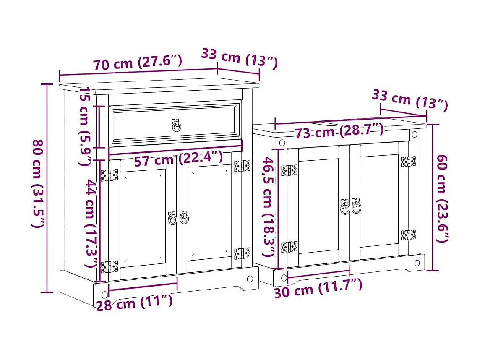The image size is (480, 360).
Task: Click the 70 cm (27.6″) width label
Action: coord(138,63)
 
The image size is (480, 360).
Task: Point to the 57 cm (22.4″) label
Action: coord(178,159)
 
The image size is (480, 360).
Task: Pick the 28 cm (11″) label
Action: coord(134,303)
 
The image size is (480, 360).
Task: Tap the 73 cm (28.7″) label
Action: coord(339,132)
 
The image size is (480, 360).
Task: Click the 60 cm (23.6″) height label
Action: coord(441,198)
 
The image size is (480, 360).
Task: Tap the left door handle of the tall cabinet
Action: coord(172,218)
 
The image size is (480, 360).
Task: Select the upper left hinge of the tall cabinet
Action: coord(109,175)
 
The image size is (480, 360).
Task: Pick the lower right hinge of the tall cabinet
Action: coord(242,253)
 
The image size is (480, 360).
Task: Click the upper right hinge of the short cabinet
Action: coord(408,162)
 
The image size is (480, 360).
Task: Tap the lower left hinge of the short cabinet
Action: coord(289,247)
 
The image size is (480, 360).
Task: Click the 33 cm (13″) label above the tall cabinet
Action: coord(239,57)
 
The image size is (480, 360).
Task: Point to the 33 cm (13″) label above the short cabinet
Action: coord(410,101)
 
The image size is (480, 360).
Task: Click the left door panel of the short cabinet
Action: coord(318,206)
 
